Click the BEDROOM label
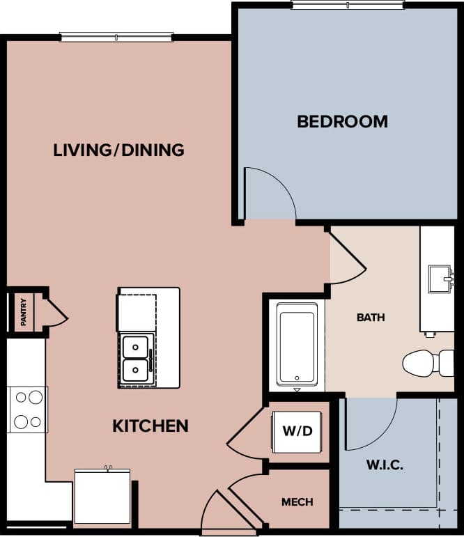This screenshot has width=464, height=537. (342, 122)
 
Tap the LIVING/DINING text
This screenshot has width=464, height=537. (118, 150)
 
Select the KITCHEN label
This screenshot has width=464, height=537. (150, 426)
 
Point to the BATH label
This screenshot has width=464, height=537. (371, 318)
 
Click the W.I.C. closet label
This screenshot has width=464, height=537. (384, 465)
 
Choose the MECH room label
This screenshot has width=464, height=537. (297, 501)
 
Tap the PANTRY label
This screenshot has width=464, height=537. (24, 312)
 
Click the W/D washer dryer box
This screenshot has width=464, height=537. (297, 431)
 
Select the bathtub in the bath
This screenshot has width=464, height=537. (297, 344)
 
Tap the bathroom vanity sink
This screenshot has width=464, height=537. (440, 278)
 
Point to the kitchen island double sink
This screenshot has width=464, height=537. (136, 359)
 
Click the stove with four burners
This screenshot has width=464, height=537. (28, 410)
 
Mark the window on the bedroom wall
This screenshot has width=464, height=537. (347, 6)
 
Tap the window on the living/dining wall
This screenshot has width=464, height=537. (116, 37)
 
